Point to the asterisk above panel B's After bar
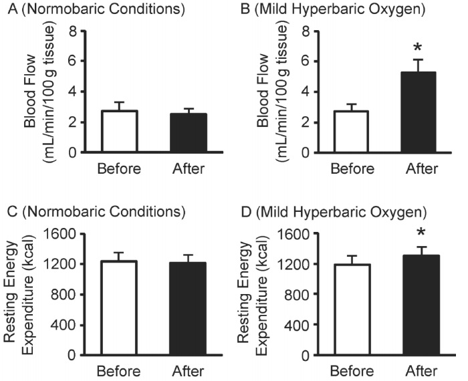[418, 48]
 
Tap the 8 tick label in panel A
[84, 31]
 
